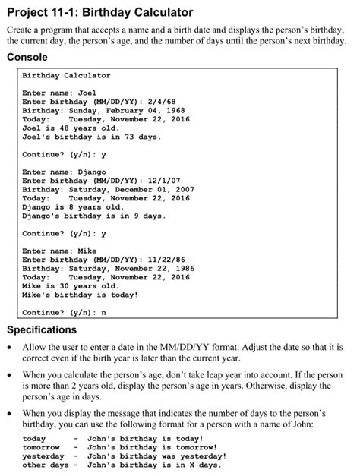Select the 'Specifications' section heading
[42, 330]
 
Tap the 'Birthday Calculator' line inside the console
[66, 76]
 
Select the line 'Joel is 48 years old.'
[73, 128]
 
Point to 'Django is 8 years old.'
[73, 206]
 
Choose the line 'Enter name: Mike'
[59, 251]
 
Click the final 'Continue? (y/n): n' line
[65, 312]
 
